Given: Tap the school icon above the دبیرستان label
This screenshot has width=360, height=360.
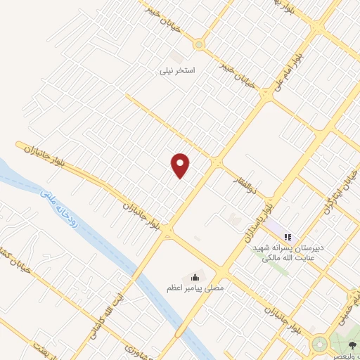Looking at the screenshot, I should [x=288, y=234].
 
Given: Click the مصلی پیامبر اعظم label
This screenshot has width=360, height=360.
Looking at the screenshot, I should [x=195, y=288].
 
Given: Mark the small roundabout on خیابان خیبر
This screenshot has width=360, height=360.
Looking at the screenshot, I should [x=199, y=45].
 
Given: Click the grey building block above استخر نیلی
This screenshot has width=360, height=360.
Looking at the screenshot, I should [x=176, y=55].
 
